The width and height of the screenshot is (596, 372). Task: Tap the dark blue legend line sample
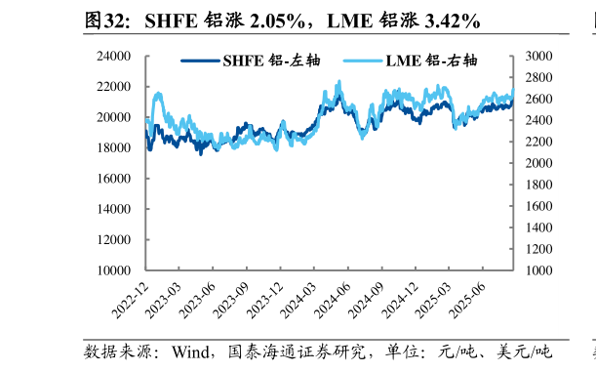tap(200, 61)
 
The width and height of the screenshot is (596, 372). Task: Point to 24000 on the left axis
tap(115, 57)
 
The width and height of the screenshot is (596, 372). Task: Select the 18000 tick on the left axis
tap(115, 148)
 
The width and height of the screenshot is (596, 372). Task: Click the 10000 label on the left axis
tap(115, 270)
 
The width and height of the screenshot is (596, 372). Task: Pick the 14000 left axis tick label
tap(115, 209)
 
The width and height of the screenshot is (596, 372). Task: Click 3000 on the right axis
tap(538, 57)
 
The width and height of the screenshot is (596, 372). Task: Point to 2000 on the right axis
tap(538, 163)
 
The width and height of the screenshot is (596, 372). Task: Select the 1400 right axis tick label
tap(538, 227)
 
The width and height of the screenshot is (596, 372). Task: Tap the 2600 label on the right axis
tap(538, 100)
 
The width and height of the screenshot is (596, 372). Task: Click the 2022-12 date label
tap(130, 298)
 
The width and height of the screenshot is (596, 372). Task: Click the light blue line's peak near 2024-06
tap(339, 82)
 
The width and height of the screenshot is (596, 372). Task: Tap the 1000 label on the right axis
tap(538, 270)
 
